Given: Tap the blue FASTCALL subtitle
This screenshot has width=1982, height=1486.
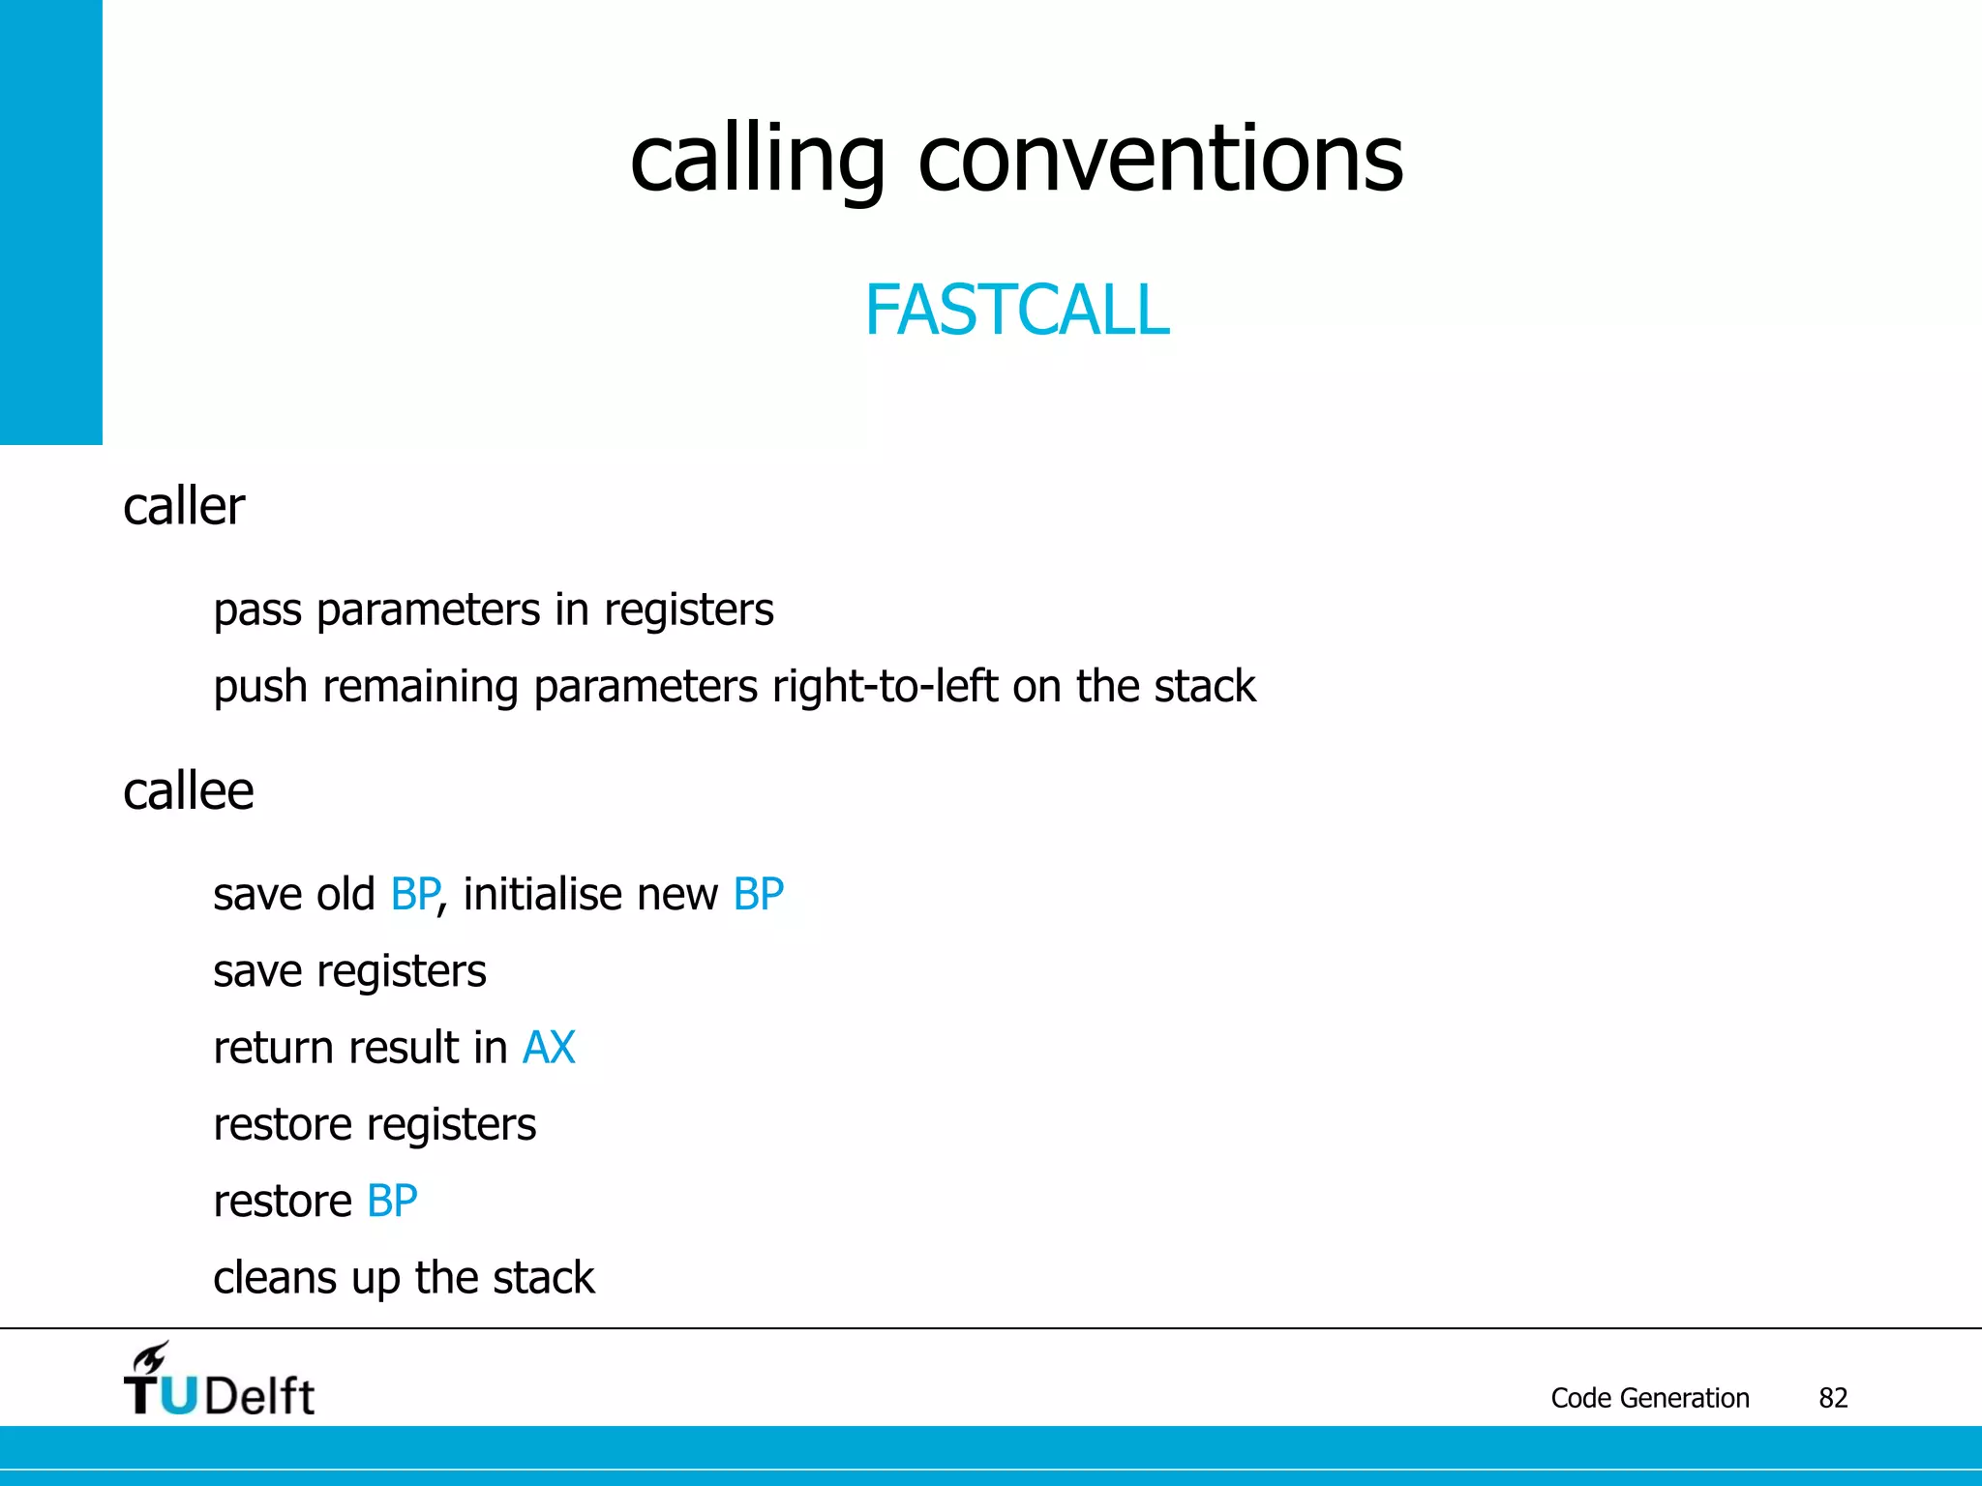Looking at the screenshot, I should [1016, 311].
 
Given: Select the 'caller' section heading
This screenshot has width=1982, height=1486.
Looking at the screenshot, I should [184, 506].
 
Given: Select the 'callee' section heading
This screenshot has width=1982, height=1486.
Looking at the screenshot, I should [188, 791].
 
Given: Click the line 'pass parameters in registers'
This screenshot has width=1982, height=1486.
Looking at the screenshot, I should [493, 609].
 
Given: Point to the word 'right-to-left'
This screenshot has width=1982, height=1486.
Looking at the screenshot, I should [885, 686].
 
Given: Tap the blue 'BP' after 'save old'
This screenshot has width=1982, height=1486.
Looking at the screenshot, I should [414, 894].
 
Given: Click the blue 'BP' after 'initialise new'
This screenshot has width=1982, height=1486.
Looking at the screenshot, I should [758, 894].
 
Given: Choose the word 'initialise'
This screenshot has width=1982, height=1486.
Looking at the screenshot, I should [542, 894].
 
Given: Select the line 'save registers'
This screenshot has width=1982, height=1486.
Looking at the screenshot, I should [349, 971].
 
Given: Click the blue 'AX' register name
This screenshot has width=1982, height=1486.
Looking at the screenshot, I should [549, 1048].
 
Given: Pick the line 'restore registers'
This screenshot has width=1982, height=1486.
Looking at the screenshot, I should [375, 1125].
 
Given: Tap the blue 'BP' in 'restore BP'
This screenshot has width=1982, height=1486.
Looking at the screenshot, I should [392, 1202].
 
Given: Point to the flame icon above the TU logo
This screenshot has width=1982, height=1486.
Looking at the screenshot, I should [151, 1356].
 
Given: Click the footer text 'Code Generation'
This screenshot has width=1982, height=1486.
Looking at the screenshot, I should [1649, 1398].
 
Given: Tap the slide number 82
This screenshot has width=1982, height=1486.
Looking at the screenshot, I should [1833, 1398].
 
